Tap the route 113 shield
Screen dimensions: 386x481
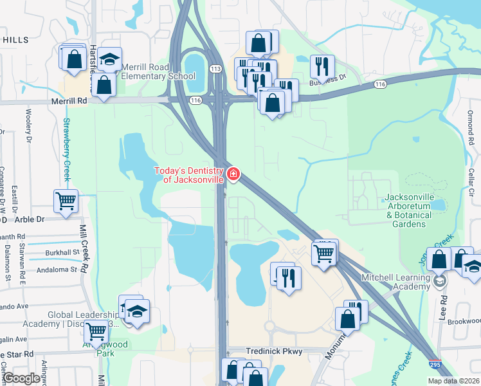click(x=215, y=69)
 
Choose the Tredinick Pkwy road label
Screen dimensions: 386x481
click(x=273, y=351)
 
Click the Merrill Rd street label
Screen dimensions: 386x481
click(x=69, y=101)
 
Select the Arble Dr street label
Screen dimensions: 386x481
click(x=30, y=219)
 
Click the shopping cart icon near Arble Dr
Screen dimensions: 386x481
click(x=66, y=201)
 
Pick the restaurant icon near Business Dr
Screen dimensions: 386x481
click(x=322, y=66)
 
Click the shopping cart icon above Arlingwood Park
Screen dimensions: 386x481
click(x=96, y=332)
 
